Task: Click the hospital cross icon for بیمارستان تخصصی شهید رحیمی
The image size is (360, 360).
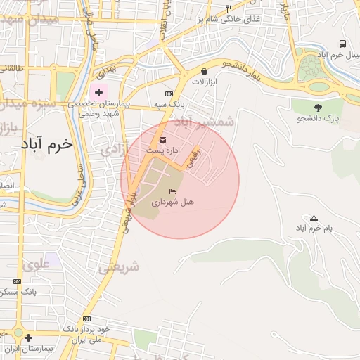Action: click(x=99, y=92)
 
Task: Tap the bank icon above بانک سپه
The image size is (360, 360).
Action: click(x=169, y=94)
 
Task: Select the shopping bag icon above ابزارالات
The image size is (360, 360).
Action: click(x=204, y=71)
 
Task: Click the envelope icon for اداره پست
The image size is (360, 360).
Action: click(x=163, y=139)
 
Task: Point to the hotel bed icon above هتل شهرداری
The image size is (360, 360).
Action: click(x=173, y=191)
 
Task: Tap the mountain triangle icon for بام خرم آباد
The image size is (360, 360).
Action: click(x=314, y=218)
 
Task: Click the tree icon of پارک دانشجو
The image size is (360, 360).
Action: click(x=319, y=107)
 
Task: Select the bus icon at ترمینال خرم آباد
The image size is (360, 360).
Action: click(x=342, y=44)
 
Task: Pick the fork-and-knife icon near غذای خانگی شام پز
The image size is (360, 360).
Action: click(x=229, y=9)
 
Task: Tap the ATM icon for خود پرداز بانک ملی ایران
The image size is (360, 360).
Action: click(x=86, y=319)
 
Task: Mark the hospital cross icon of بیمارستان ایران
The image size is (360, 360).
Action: click(x=28, y=338)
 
